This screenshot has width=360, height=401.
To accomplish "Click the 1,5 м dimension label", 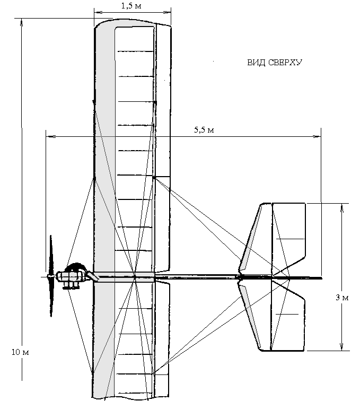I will [x=132, y=6].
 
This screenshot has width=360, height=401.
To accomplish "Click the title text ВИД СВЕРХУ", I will [x=275, y=62].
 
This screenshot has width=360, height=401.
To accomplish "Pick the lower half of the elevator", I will [x=288, y=316].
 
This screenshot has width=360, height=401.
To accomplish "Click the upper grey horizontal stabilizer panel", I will [x=251, y=239].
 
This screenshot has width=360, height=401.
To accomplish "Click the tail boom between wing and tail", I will [x=196, y=277].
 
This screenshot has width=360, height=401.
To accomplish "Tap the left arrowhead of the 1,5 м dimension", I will [x=95, y=10].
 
